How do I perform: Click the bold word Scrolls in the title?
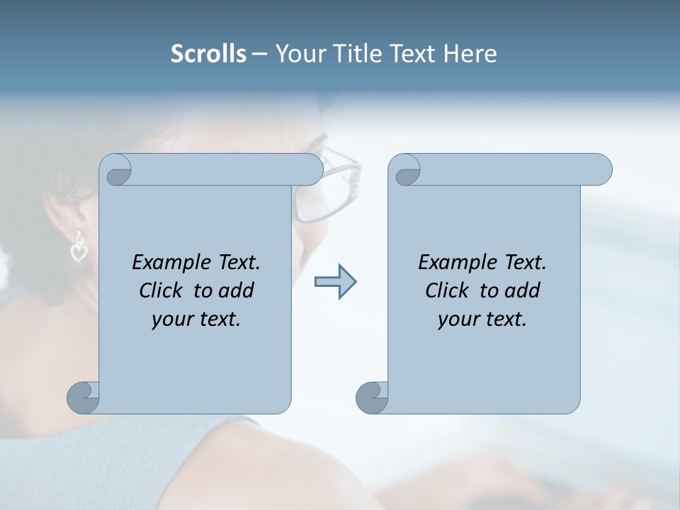point(208,53)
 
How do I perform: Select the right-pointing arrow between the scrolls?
point(335,282)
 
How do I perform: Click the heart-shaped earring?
point(79,249)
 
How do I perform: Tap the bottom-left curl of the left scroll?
point(84,397)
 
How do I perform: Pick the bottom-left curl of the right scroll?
point(373,397)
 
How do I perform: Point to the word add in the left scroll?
point(237,290)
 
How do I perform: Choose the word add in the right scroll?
point(523,290)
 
